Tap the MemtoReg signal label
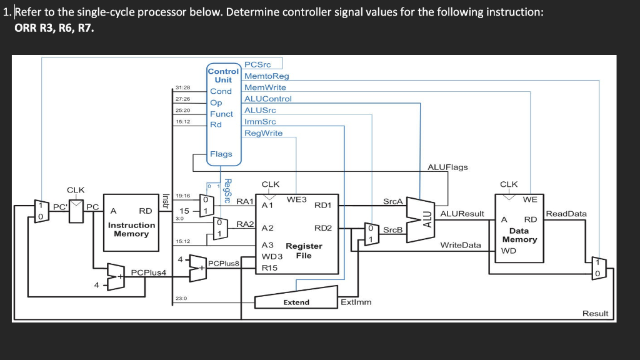(x=267, y=76)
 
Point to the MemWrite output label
(x=265, y=87)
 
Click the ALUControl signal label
(x=268, y=99)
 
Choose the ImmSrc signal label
(x=260, y=121)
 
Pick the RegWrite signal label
(x=263, y=133)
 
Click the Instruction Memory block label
(x=131, y=229)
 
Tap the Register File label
(x=304, y=251)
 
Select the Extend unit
(x=296, y=302)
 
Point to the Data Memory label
(x=519, y=235)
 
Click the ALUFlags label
(x=447, y=167)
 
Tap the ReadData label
(x=566, y=214)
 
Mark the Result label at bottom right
(x=594, y=313)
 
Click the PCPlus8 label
(x=222, y=263)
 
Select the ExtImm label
(x=356, y=302)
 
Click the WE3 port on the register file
(x=296, y=199)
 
